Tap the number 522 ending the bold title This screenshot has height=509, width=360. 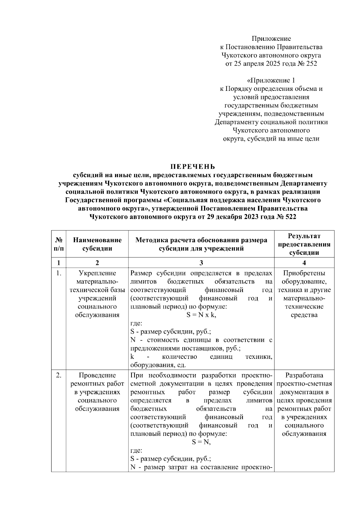[x=289, y=217]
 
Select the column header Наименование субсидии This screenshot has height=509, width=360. [x=97, y=244]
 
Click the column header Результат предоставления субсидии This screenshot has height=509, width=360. [x=304, y=244]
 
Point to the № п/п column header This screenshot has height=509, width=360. [x=59, y=244]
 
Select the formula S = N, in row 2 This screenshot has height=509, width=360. [x=201, y=442]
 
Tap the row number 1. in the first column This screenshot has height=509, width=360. [x=59, y=273]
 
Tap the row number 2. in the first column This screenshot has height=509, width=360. [x=59, y=375]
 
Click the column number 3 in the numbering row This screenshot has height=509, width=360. [x=201, y=263]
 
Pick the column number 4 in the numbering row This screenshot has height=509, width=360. [x=304, y=263]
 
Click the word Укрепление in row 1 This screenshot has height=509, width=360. [x=97, y=273]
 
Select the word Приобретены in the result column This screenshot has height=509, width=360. [x=304, y=273]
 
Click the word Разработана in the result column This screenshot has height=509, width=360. [x=304, y=375]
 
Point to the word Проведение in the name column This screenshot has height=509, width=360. [x=97, y=375]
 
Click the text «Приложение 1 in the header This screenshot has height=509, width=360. [x=271, y=80]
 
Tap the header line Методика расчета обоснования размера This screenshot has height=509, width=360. [x=201, y=240]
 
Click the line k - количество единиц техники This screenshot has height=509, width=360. [x=201, y=357]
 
